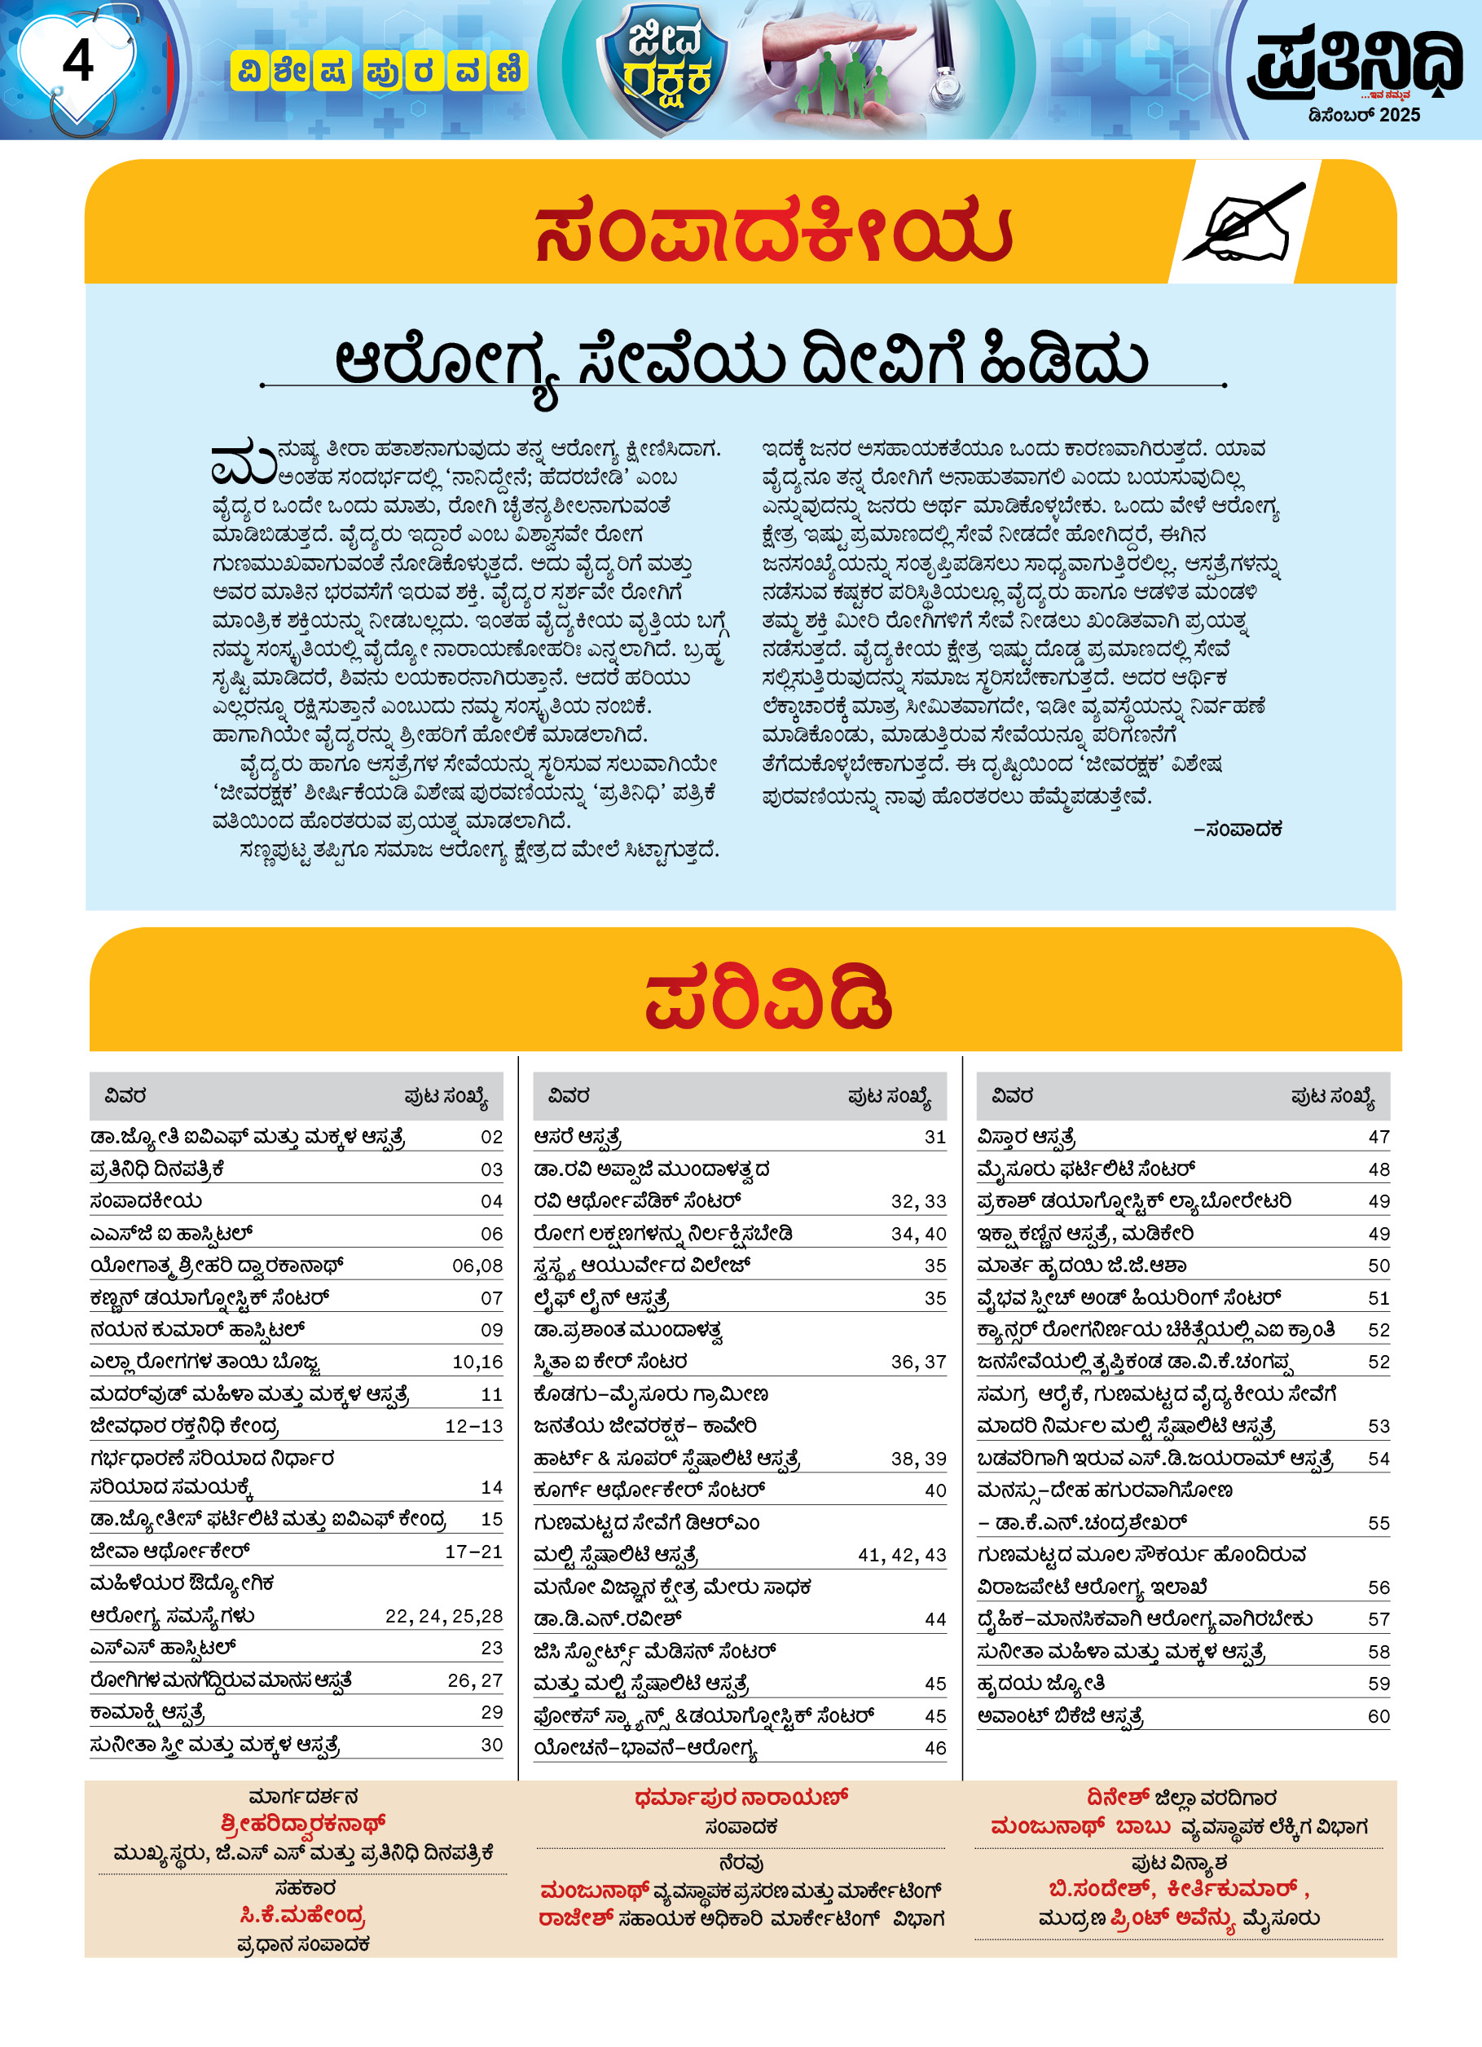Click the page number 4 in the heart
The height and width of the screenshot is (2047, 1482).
pos(77,61)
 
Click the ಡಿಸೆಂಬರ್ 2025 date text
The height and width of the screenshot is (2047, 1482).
pos(1364,116)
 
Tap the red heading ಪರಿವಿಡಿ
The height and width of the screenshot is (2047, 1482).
pos(768,999)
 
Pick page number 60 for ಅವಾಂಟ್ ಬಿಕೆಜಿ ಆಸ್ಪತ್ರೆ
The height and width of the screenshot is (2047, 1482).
pos(1379,1716)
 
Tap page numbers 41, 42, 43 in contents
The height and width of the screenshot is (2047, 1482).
pos(901,1555)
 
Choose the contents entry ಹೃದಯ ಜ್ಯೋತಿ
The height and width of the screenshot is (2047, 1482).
pos(1040,1684)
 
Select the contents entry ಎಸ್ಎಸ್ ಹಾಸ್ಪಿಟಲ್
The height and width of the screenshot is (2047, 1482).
pos(162,1648)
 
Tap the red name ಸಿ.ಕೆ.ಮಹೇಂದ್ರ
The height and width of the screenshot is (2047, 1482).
pos(303,1914)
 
